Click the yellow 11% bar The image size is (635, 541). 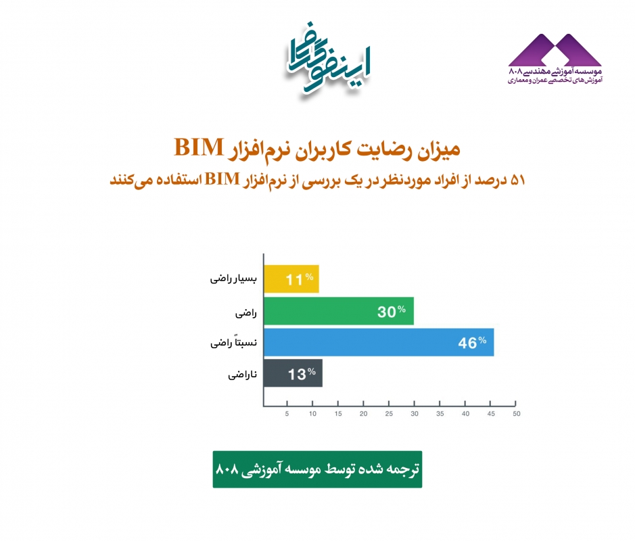pos(291,279)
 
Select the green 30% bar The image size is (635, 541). pos(339,311)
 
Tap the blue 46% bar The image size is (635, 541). pos(379,342)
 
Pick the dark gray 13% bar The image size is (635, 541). pos(293,373)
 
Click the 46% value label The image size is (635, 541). pos(472,343)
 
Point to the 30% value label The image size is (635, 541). pos(392,311)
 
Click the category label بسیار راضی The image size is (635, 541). pos(233,279)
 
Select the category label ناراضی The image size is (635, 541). pos(242,375)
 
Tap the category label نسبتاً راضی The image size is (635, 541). pos(233,343)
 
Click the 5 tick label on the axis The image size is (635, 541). pos(287,414)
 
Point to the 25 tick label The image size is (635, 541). pos(389,414)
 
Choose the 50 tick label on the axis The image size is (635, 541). pos(517,414)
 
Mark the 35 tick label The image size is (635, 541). pos(440,414)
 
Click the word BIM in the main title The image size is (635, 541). pos(199,147)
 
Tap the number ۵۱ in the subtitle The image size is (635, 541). pos(518,180)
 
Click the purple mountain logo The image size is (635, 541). pos(555,50)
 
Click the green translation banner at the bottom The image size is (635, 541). pos(318,469)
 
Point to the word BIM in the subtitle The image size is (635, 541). pos(222,179)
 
